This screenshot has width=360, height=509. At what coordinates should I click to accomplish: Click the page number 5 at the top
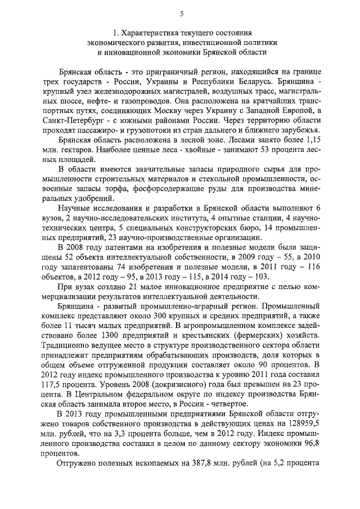tap(181, 14)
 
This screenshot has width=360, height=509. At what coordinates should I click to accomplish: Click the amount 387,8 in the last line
tap(208, 466)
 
